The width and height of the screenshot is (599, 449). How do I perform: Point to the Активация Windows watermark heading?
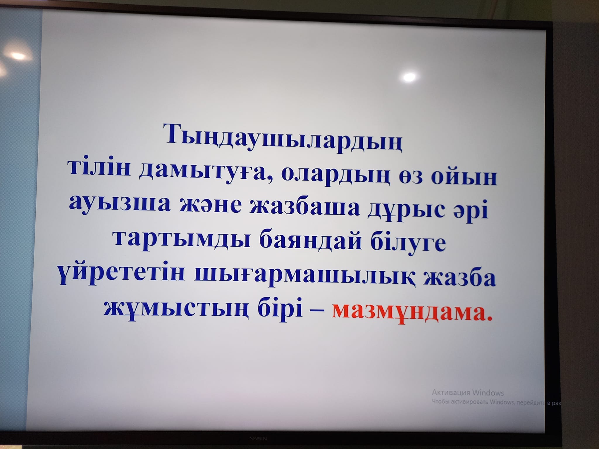click(468, 392)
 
